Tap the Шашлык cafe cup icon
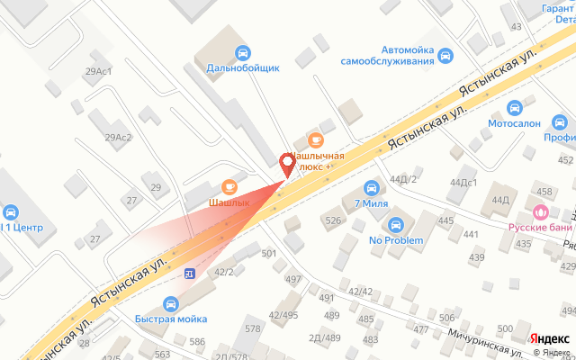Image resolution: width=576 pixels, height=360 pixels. click(x=229, y=186)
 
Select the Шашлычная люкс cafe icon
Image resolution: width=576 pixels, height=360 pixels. click(x=315, y=139)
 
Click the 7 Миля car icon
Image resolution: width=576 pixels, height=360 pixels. click(x=371, y=187)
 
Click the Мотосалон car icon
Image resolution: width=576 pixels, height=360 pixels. click(x=515, y=108)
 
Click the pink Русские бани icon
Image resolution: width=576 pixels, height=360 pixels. click(x=540, y=212)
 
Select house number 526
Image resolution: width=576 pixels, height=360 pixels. click(x=334, y=220)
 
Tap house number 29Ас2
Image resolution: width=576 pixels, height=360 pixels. click(x=118, y=138)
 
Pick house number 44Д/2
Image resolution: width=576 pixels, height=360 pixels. click(x=404, y=179)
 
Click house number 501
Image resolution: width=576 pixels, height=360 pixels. click(x=268, y=254)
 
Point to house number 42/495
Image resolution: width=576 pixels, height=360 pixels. click(x=283, y=315)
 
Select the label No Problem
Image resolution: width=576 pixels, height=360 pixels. click(x=396, y=240)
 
